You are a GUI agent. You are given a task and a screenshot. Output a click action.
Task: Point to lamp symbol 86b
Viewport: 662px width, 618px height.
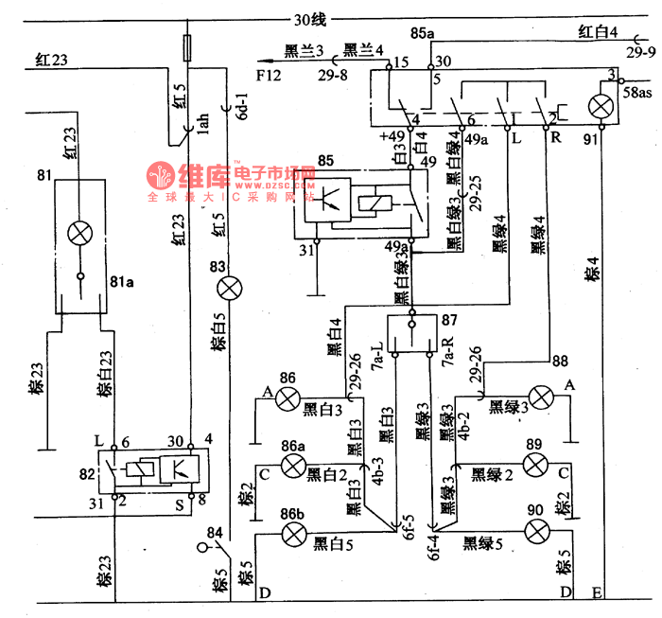pos(294,536)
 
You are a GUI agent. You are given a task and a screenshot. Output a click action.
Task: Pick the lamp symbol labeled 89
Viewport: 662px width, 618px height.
pos(535,465)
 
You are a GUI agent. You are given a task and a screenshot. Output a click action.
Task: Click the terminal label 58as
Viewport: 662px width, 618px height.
pos(640,93)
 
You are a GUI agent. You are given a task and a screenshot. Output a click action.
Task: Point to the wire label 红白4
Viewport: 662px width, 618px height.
pos(598,31)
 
